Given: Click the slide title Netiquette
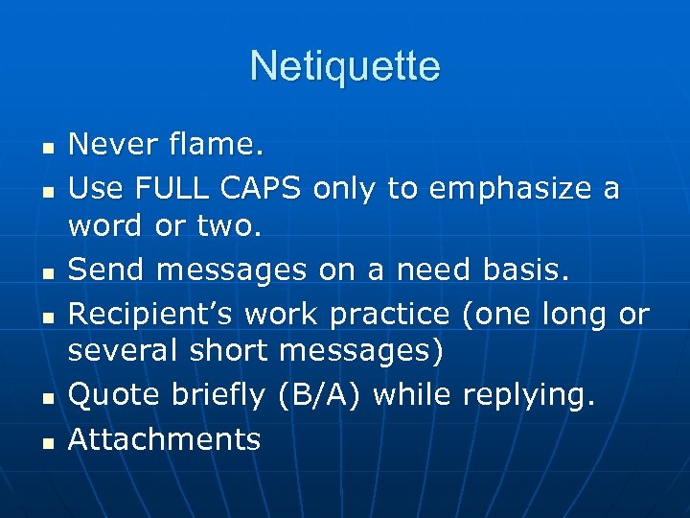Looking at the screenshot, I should (x=345, y=66).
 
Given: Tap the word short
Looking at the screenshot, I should (x=227, y=351).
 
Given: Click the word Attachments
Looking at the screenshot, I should (x=164, y=439).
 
